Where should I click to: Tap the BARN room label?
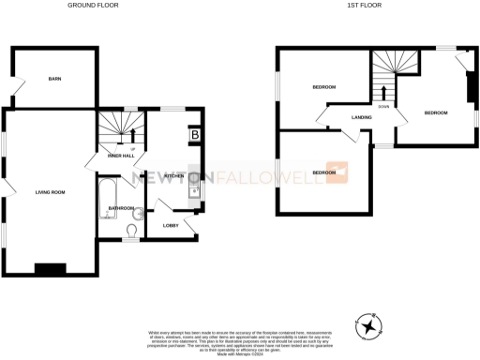(54, 80)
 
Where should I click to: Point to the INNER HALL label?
(121, 155)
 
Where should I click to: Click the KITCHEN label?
(173, 176)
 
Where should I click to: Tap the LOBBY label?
(171, 226)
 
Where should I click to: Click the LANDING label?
(362, 117)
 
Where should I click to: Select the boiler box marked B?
(194, 135)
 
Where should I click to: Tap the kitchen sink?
(194, 193)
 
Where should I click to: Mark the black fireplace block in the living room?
(49, 269)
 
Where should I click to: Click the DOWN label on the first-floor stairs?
(384, 107)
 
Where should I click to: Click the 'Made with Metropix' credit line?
(240, 352)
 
